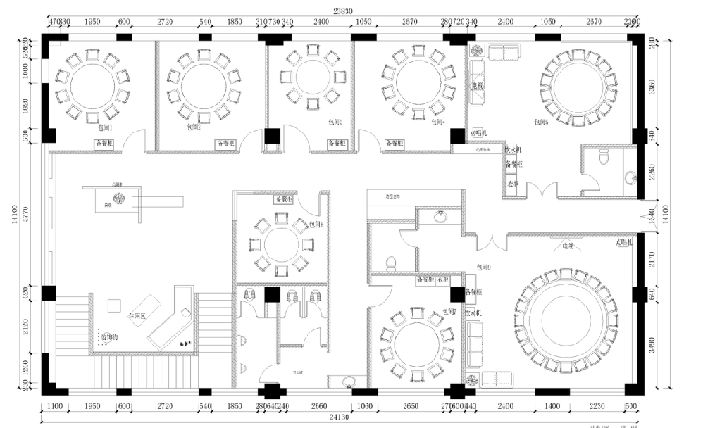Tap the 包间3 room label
coord(336,122)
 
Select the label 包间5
coord(541,122)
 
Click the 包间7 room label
coord(450,311)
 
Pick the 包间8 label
coord(483,267)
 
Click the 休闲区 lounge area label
coord(137,317)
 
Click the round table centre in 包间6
coord(279,244)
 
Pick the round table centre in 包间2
coord(204,85)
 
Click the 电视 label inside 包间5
coord(477,86)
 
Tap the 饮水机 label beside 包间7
coord(472,312)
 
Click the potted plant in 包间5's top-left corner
coord(476,51)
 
